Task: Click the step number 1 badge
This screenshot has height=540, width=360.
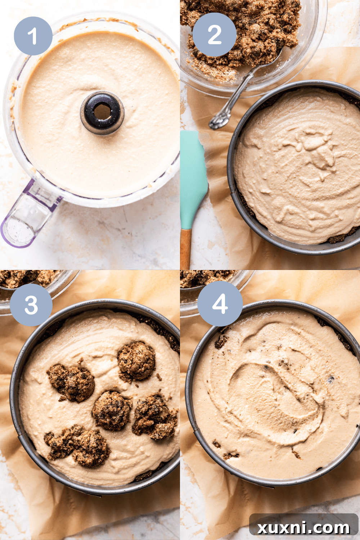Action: point(33,36)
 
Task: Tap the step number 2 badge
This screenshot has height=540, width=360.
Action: point(215,35)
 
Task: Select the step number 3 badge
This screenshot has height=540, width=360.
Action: point(31,305)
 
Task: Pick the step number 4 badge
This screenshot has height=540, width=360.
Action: point(220,303)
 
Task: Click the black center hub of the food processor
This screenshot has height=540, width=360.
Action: point(102,113)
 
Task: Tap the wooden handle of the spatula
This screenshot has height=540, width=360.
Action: point(185,248)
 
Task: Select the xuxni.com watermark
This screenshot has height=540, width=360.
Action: point(303,527)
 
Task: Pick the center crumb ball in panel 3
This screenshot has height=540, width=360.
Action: point(112,410)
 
